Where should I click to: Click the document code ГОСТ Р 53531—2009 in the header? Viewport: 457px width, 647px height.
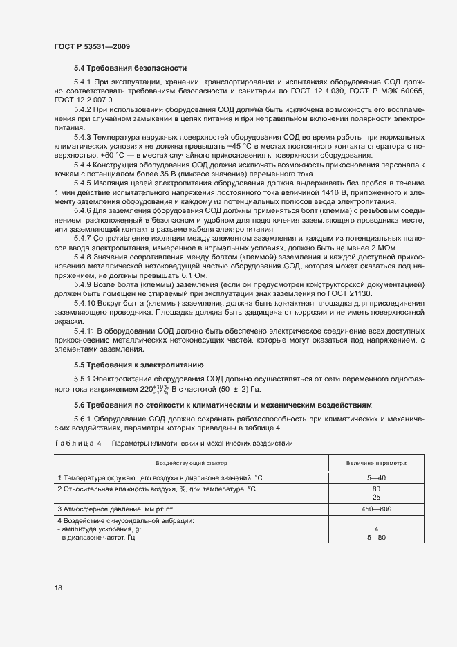pyautogui.click(x=91, y=46)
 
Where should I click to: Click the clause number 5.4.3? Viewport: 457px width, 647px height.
pyautogui.click(x=83, y=138)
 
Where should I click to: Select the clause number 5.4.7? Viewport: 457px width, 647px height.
pyautogui.click(x=83, y=237)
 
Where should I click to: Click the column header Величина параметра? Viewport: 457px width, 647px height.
pyautogui.click(x=376, y=462)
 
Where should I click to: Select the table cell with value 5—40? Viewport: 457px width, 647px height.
pyautogui.click(x=376, y=478)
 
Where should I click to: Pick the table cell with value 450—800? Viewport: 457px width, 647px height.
pyautogui.click(x=376, y=509)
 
